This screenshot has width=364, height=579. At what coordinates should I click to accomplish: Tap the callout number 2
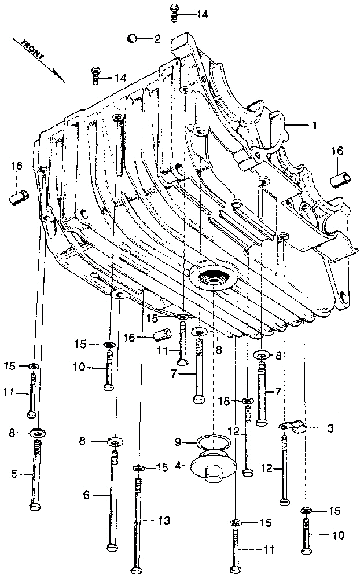(156, 39)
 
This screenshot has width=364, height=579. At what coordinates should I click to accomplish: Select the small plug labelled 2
(132, 38)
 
